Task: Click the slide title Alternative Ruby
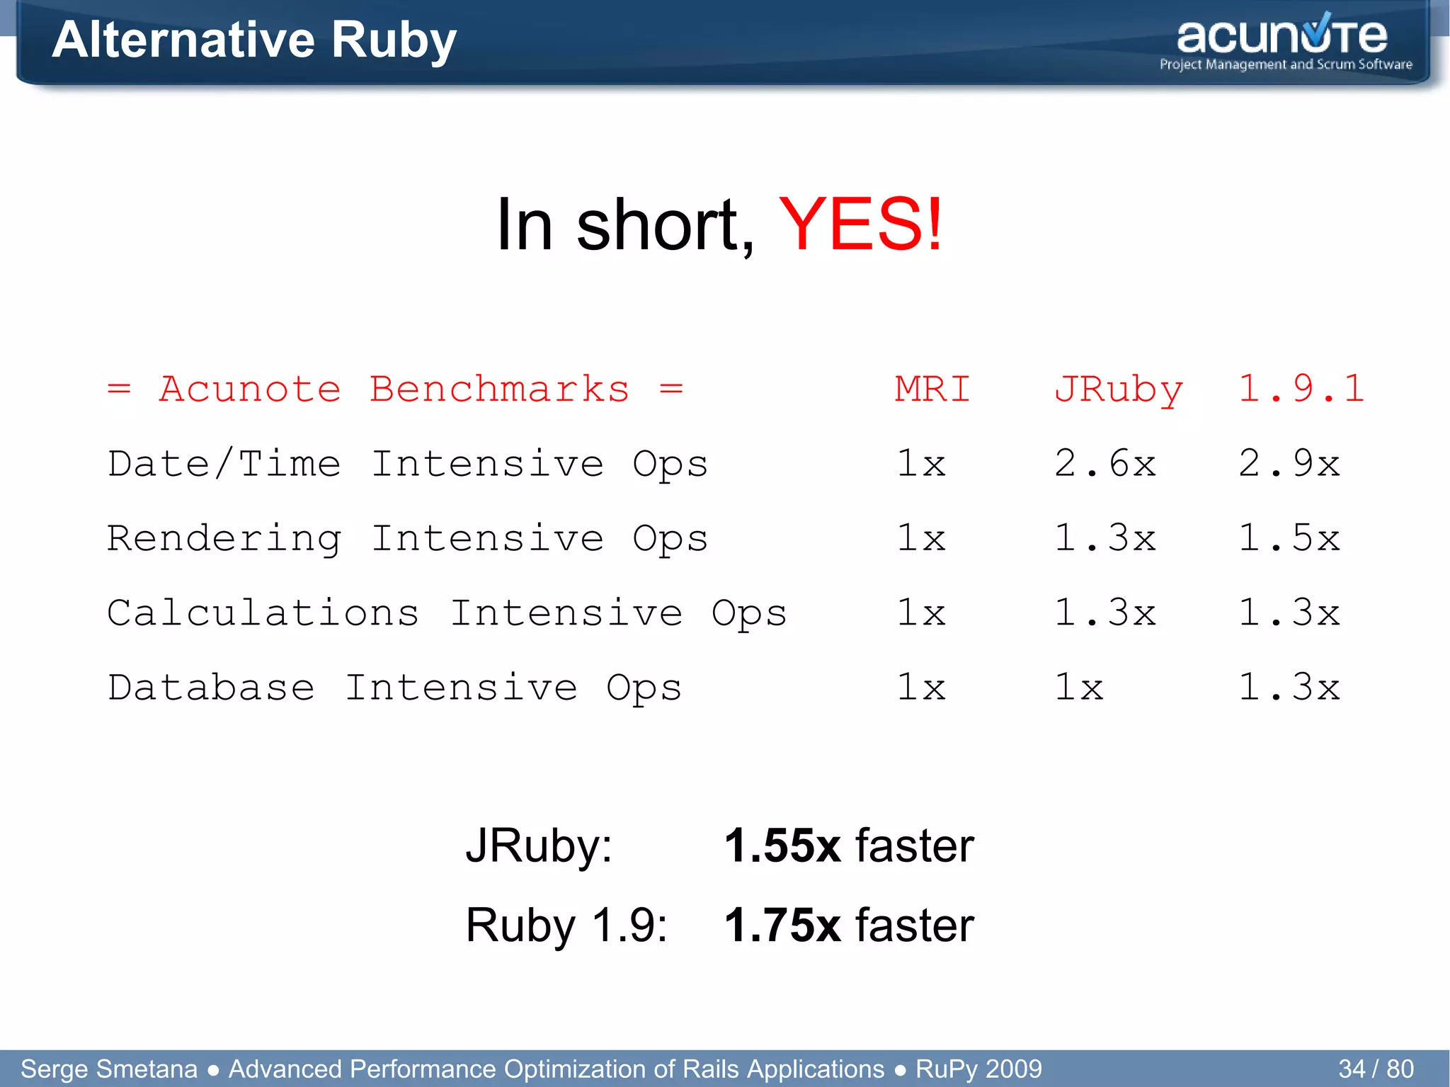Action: (x=254, y=40)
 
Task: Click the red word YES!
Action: (x=861, y=225)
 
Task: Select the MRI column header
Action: (x=932, y=389)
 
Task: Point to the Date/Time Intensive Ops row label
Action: (x=408, y=465)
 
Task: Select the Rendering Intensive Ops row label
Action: (x=408, y=539)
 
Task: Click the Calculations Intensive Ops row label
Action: (x=447, y=613)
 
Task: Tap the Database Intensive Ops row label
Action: (x=394, y=688)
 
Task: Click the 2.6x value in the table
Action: (x=1104, y=465)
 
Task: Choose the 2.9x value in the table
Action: (x=1289, y=465)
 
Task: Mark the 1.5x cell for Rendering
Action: (x=1289, y=539)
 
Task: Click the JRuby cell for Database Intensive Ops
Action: (x=1078, y=688)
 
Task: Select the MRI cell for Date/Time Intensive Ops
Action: (x=921, y=465)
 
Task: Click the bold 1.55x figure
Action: (x=782, y=846)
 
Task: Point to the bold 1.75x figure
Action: (x=782, y=925)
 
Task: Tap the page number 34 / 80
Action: (x=1376, y=1069)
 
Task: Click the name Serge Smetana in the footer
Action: (x=109, y=1069)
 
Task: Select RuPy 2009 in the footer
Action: (x=978, y=1069)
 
